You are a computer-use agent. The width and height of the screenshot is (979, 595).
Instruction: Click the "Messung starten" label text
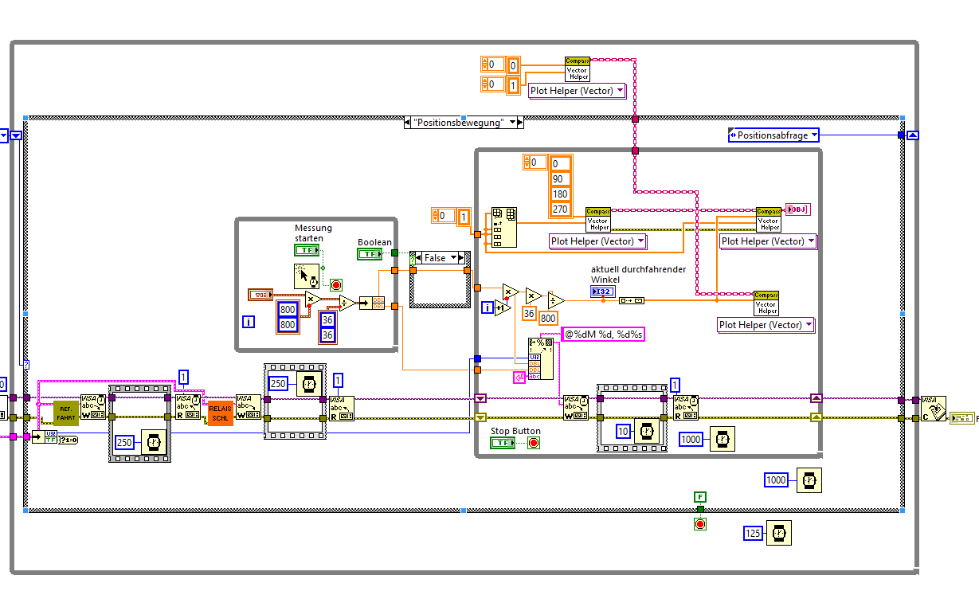click(313, 233)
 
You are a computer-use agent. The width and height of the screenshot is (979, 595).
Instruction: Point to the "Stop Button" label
click(515, 431)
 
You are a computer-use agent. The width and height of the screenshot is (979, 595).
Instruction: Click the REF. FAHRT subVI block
click(66, 412)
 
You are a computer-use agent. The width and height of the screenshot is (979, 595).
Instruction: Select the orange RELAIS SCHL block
click(220, 412)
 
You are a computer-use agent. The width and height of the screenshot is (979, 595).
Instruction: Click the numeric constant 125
click(754, 534)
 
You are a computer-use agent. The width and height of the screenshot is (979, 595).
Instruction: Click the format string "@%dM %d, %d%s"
click(604, 335)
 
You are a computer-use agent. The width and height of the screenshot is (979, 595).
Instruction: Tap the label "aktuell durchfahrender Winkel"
click(637, 274)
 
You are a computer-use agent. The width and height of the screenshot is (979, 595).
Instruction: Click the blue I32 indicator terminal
click(603, 292)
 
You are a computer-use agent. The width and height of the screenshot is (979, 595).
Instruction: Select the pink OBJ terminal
click(797, 209)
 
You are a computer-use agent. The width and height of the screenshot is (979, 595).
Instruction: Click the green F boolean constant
click(699, 497)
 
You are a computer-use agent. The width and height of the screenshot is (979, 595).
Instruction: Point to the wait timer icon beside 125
click(779, 534)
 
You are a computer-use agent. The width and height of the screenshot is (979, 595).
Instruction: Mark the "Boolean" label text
click(374, 242)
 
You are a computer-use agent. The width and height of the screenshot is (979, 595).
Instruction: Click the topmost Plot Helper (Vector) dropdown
click(577, 91)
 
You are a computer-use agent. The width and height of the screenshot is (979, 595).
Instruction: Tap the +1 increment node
click(503, 307)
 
